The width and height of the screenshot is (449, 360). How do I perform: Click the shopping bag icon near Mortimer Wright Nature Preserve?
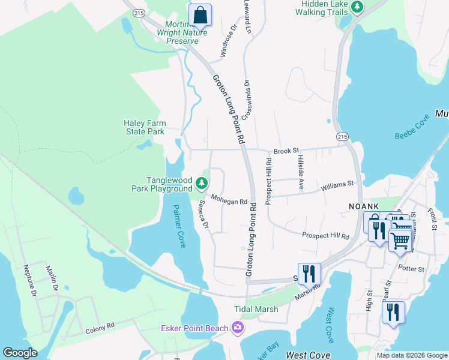pos(200,16)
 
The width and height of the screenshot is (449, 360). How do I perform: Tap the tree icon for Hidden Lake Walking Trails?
pos(358,7)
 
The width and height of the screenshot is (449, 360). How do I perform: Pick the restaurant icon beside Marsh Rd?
pos(309,274)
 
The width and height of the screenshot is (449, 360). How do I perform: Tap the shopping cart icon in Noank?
pos(400,240)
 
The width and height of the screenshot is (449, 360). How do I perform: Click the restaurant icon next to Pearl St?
pos(393,312)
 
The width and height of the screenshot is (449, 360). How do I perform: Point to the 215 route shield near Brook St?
pos(342,137)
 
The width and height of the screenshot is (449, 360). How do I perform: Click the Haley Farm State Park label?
pos(144,127)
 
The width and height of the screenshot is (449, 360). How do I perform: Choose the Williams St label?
pos(337,187)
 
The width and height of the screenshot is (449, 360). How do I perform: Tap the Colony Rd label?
pos(99,328)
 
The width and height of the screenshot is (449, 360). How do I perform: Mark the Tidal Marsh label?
pos(256,309)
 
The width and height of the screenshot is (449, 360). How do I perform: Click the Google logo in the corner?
pos(20,353)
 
